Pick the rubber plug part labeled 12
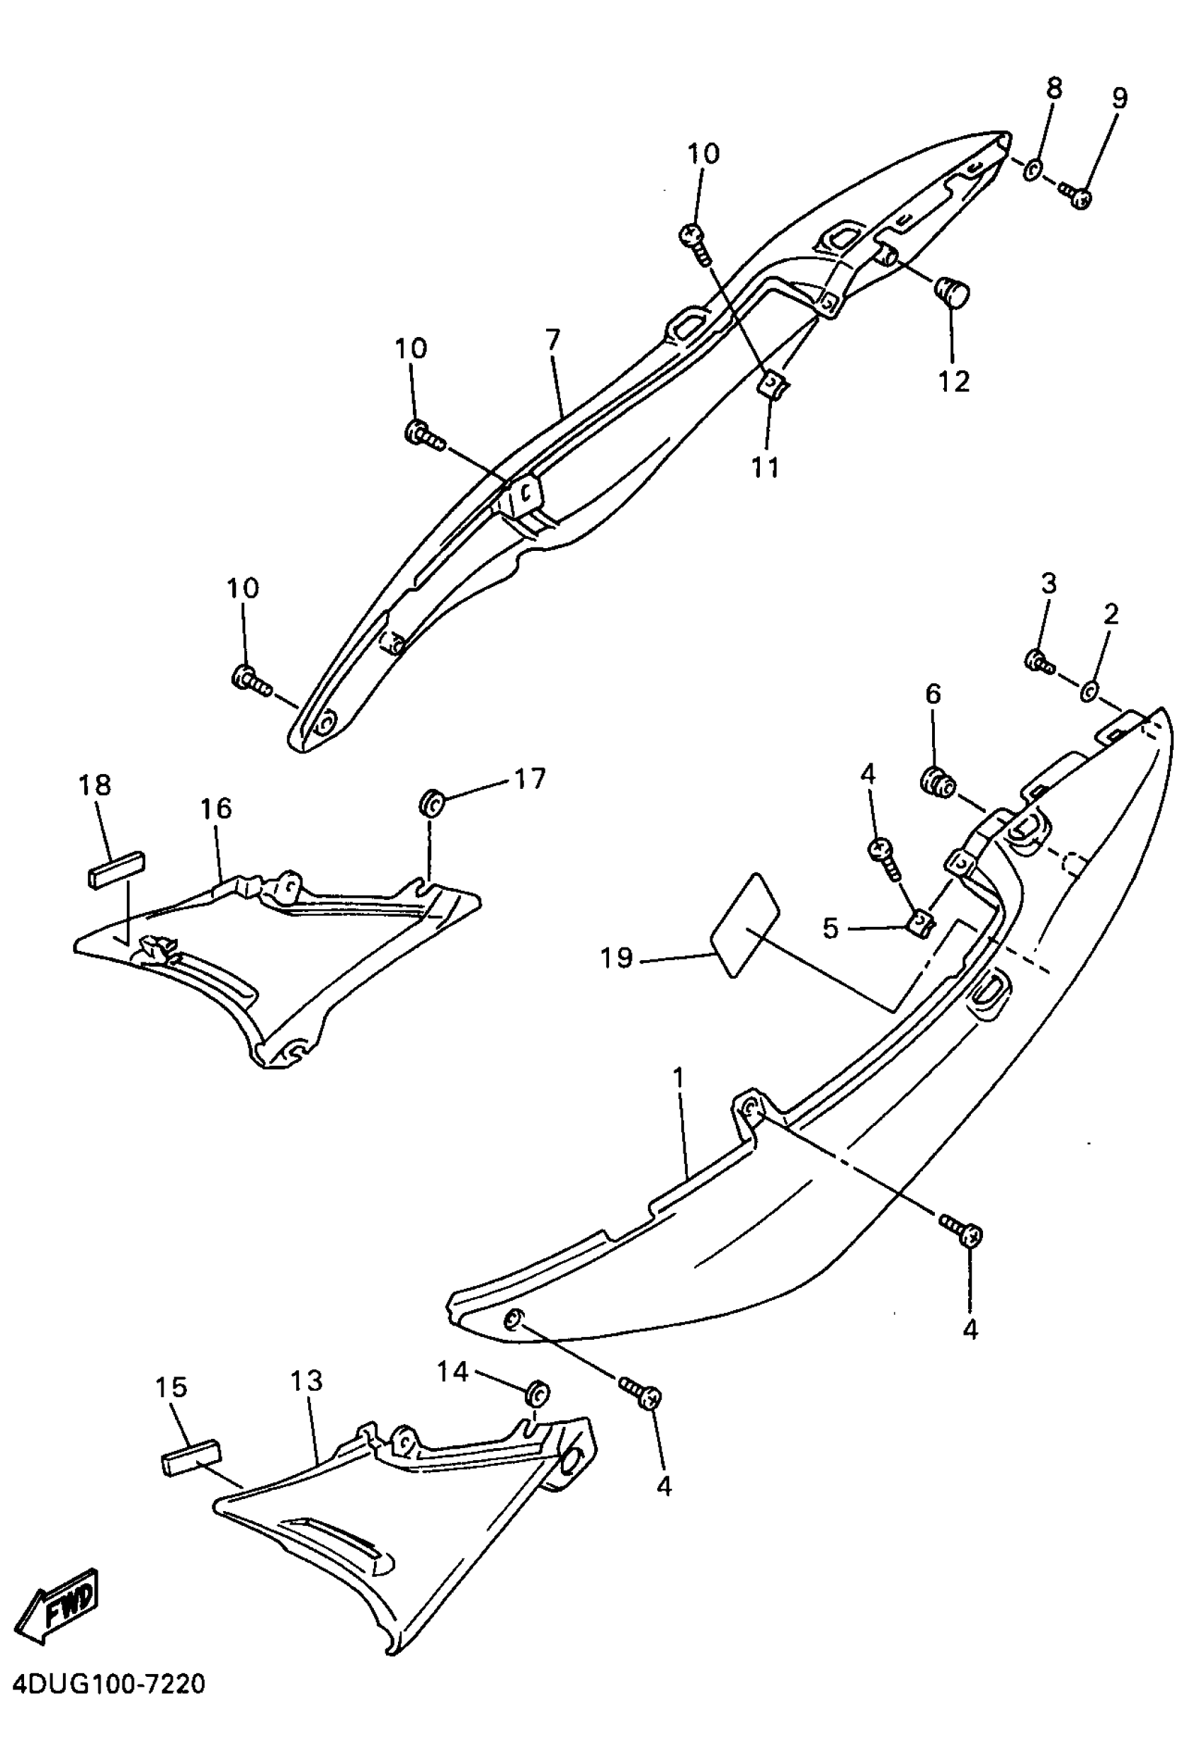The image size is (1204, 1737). tap(952, 292)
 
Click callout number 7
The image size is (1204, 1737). tap(553, 340)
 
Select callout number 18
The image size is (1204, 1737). tap(94, 785)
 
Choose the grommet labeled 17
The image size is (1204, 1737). tap(431, 802)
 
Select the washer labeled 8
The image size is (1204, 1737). tap(1032, 170)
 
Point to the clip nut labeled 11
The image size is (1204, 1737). tap(771, 387)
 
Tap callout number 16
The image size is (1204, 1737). tap(216, 809)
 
